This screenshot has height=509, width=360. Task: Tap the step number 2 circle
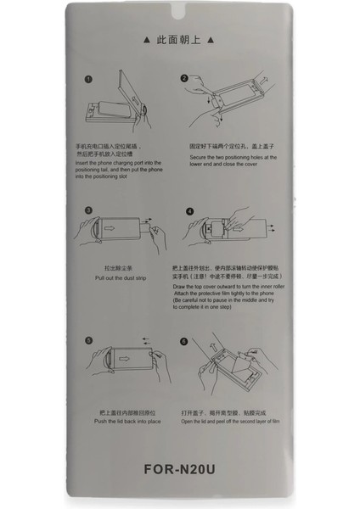(183, 79)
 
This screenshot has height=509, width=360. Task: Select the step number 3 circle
(89, 210)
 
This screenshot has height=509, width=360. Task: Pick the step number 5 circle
(89, 341)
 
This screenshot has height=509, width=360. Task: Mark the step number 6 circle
(183, 341)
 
